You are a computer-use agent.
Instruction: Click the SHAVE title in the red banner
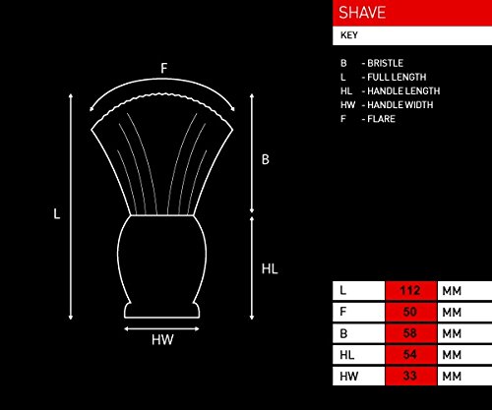362,13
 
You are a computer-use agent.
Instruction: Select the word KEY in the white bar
349,35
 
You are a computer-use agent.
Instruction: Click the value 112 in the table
410,290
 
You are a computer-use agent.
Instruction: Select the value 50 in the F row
410,312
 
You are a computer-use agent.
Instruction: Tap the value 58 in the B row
410,333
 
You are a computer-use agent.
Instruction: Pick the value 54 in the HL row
410,355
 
